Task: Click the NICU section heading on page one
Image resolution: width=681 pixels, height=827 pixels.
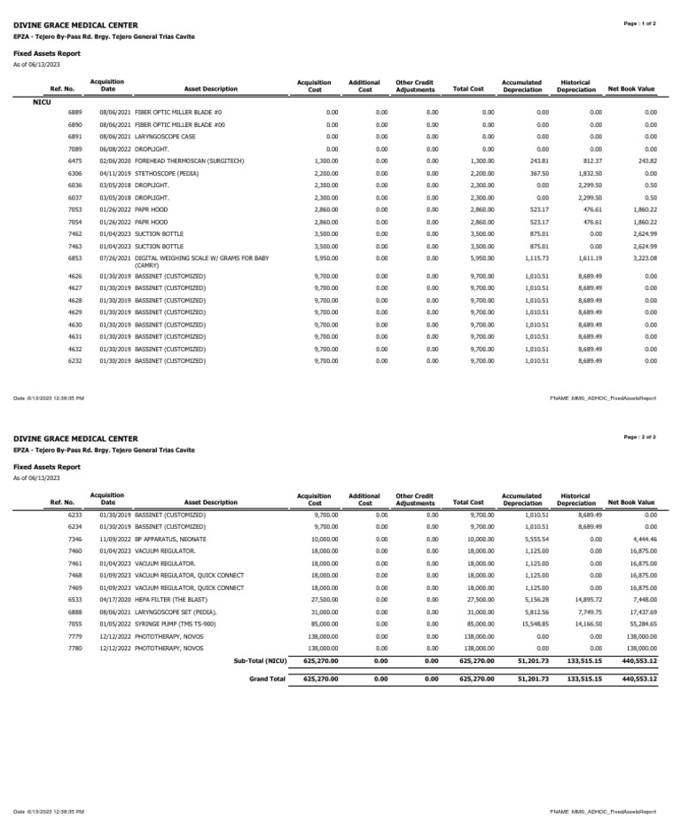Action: coord(42,103)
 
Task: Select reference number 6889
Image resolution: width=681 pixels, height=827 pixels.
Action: coord(74,113)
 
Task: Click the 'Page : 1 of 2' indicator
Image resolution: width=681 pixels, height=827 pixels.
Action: coord(640,24)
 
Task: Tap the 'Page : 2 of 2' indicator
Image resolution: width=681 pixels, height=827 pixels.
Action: coord(640,437)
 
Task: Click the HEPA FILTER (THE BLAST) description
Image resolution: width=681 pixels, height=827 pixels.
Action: coord(173,600)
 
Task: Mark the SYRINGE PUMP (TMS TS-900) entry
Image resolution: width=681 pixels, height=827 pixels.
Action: coord(179,624)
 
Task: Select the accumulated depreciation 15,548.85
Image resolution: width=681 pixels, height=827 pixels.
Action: coord(521,624)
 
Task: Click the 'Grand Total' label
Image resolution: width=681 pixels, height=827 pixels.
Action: coord(267,679)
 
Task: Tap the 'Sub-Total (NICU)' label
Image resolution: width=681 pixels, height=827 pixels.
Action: coord(260,660)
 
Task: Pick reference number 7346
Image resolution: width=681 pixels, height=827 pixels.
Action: coord(74,539)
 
